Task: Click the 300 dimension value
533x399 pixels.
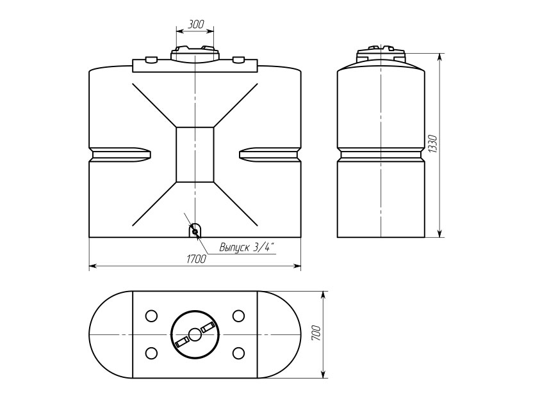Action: [x=195, y=24]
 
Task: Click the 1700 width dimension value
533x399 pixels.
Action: [x=196, y=258]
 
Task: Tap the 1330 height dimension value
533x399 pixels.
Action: [x=432, y=144]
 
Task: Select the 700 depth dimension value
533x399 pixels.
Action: [x=316, y=334]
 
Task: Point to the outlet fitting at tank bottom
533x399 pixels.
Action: [x=195, y=231]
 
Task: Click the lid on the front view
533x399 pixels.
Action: [x=195, y=54]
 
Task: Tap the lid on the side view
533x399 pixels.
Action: [x=381, y=53]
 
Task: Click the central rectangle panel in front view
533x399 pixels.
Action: [x=195, y=155]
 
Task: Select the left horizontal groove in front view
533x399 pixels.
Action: [x=120, y=154]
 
